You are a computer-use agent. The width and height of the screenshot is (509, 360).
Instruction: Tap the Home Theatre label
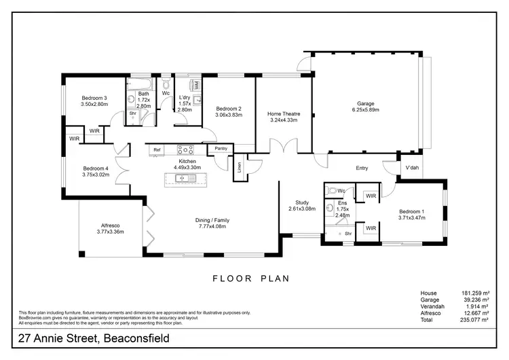pos(283,113)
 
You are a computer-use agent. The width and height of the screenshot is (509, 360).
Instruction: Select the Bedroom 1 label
pos(413,211)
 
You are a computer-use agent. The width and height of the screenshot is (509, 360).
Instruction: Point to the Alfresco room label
pos(110,226)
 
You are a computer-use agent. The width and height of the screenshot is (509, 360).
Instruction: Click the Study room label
pos(302,202)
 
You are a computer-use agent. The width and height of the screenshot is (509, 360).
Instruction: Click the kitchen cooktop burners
pos(186,149)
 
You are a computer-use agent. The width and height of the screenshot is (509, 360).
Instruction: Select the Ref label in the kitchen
pos(157,149)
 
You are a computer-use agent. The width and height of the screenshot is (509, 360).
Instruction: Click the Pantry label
pos(221,148)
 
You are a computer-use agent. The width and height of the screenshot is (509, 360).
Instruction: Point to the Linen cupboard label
pos(239,166)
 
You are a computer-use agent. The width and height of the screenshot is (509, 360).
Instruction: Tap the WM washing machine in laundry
pos(197,86)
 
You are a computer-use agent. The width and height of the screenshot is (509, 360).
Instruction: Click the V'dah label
pos(411,168)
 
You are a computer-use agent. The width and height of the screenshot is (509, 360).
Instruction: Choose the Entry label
pos(362,168)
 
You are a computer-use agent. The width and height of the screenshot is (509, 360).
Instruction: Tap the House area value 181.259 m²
pos(474,293)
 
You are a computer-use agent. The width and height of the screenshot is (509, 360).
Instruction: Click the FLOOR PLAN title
pos(251,277)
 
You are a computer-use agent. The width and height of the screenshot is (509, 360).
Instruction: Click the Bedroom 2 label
pos(229,109)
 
